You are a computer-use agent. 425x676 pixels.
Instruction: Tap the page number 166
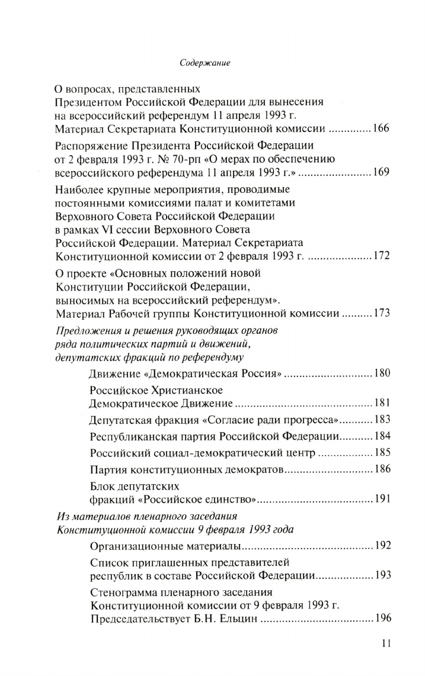[380, 128]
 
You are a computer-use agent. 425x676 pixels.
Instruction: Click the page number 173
[380, 313]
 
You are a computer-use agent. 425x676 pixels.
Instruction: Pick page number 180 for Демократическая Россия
[380, 374]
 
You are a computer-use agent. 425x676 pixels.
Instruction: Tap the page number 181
[380, 404]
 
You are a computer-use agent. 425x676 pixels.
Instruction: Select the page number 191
[380, 499]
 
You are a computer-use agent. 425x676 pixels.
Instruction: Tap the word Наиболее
[78, 190]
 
